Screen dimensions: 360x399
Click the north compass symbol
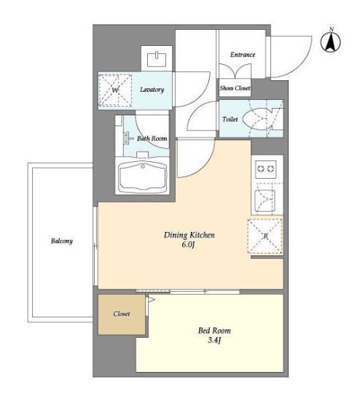331,41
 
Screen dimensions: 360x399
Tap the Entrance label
243,55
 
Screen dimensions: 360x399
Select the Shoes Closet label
235,88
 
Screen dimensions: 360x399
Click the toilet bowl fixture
257,119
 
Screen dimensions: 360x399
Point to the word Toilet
230,119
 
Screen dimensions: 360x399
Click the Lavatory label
152,90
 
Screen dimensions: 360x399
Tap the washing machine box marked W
115,90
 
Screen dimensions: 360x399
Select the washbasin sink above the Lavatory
157,59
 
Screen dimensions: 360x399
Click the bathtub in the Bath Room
142,176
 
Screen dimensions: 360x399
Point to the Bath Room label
152,139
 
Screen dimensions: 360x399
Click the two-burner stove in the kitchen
266,168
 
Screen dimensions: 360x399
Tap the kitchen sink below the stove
265,201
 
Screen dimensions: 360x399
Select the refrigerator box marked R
265,236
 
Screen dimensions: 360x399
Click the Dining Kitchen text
189,235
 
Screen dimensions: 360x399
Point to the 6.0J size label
188,245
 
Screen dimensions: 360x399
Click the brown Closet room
122,314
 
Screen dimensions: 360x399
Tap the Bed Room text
214,330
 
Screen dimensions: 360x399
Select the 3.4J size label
214,340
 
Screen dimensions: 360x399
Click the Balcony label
62,241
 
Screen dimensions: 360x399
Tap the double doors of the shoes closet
235,71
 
